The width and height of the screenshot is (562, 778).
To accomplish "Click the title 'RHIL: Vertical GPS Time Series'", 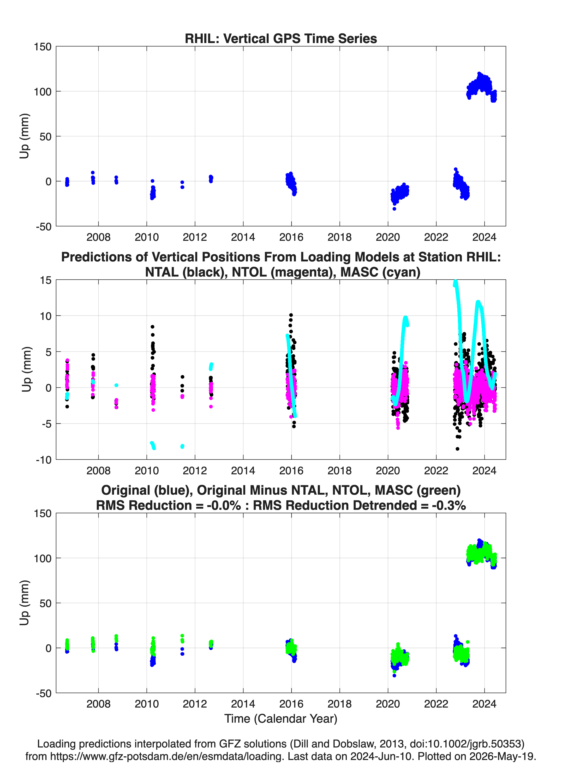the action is click(x=281, y=38).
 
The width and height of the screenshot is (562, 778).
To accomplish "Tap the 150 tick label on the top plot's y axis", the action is click(x=43, y=47).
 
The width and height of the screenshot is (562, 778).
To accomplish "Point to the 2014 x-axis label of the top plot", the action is click(x=243, y=237).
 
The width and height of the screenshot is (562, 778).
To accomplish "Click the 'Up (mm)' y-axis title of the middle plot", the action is click(x=26, y=369).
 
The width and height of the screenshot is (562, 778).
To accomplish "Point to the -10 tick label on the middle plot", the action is click(x=43, y=460).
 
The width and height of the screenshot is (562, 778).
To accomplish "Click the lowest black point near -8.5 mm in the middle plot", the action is click(x=457, y=449).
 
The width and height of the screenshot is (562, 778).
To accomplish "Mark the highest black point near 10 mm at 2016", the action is click(x=291, y=315).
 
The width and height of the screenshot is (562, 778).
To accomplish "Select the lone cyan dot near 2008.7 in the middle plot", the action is click(x=116, y=385).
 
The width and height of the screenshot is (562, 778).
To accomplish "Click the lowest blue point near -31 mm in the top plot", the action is click(x=394, y=208).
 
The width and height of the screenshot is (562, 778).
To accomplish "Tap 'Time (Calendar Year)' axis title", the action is click(x=281, y=719).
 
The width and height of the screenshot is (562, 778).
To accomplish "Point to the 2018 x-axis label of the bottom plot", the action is click(x=339, y=704).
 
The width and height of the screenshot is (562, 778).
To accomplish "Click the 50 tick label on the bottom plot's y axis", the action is click(x=46, y=603).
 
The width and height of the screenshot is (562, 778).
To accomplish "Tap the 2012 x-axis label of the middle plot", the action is click(x=195, y=471).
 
